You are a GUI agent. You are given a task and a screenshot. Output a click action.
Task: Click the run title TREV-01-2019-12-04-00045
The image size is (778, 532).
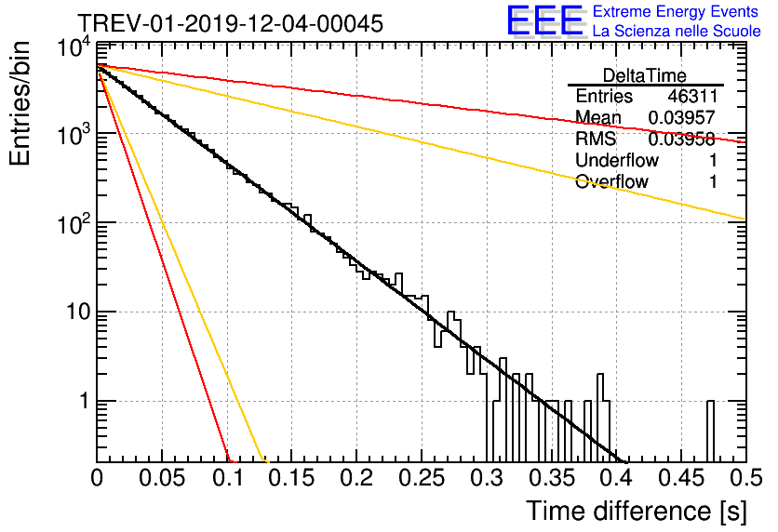(x=229, y=24)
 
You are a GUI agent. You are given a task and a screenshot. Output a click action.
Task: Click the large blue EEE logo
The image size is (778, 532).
(x=544, y=20)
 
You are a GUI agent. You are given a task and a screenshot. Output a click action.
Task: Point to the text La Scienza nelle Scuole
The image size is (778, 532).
(x=677, y=32)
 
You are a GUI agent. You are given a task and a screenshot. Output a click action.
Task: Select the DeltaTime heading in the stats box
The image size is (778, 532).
(x=645, y=74)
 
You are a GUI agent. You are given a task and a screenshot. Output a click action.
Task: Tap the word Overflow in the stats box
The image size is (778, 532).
(x=611, y=182)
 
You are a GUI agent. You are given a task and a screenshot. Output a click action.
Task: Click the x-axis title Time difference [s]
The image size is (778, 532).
(x=635, y=511)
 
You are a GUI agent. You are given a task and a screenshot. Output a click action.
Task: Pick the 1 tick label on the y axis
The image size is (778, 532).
(x=81, y=401)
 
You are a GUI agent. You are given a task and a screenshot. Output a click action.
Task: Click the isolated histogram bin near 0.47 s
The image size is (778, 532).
(x=710, y=431)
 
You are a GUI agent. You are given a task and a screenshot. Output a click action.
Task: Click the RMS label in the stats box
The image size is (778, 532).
(x=595, y=140)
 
